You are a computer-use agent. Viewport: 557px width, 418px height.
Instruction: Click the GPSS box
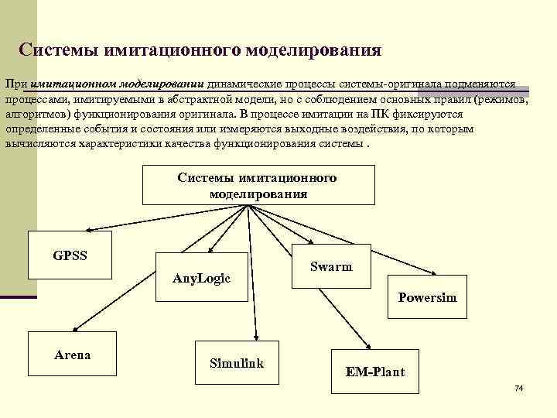[70, 255]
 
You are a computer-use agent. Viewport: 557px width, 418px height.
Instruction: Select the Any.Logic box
[202, 278]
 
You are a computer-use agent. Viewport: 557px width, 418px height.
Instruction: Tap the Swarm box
[330, 267]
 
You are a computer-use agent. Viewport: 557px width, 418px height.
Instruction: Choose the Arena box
[72, 355]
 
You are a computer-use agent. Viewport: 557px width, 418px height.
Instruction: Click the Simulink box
[236, 362]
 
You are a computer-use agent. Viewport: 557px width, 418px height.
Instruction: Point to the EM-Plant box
[374, 372]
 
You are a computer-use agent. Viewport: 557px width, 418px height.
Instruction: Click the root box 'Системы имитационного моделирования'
[257, 186]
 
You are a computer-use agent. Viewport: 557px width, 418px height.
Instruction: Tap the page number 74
[519, 387]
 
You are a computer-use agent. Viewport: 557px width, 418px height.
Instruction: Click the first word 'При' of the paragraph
[16, 84]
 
